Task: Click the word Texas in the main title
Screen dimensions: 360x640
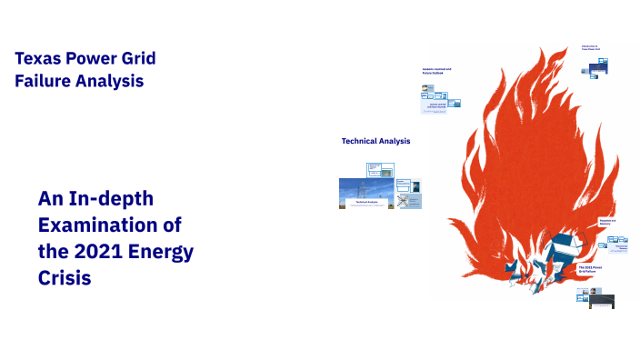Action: click(x=35, y=59)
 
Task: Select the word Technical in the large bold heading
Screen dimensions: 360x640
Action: click(x=360, y=141)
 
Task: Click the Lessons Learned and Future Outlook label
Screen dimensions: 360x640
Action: click(x=437, y=72)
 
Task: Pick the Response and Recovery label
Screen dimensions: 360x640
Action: click(x=606, y=223)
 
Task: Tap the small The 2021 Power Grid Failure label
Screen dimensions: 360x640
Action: click(x=591, y=269)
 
